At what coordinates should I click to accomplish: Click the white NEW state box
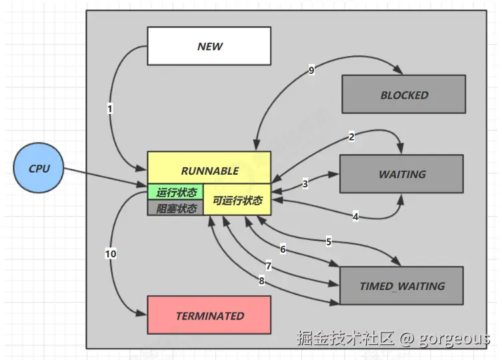pos(209,47)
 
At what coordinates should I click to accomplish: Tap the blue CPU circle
pos(39,169)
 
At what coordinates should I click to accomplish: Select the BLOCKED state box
pos(403,95)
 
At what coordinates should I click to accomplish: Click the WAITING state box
pos(401,174)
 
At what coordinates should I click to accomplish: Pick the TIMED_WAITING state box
pos(401,286)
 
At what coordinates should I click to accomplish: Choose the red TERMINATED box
pos(209,315)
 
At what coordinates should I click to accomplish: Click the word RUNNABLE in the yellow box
pos(209,171)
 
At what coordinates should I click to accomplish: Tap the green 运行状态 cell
pos(175,192)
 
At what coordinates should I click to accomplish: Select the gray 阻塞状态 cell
pos(175,208)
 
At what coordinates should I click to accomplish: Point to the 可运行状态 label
pos(237,200)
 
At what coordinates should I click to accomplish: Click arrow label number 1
pos(111,109)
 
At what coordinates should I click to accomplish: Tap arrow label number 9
pos(311,71)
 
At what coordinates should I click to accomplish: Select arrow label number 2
pos(351,137)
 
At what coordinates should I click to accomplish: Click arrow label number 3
pos(305,183)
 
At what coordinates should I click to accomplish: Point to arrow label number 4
pos(355,216)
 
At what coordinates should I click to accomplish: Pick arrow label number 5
pos(328,240)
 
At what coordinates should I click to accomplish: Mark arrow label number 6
pos(283,249)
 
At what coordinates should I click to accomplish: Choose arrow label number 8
pos(261,281)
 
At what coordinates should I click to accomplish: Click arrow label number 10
pos(111,253)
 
